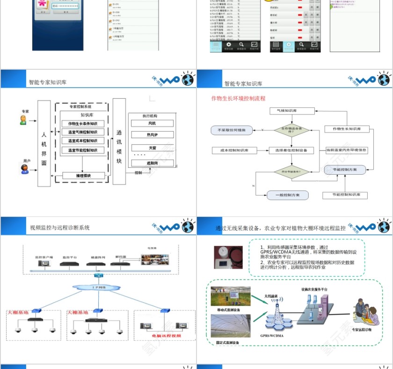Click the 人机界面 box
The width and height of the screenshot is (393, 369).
click(x=44, y=143)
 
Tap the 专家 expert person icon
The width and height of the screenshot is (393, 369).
click(x=23, y=120)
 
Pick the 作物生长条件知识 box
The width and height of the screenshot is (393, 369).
click(x=83, y=124)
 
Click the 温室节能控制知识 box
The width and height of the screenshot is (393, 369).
click(x=83, y=150)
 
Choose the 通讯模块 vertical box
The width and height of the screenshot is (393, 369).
click(x=119, y=141)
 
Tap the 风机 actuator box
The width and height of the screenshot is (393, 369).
click(x=152, y=123)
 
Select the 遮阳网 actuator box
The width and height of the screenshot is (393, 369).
click(x=153, y=163)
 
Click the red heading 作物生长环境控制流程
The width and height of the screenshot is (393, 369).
click(x=238, y=99)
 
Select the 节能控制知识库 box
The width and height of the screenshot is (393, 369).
click(x=345, y=195)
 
